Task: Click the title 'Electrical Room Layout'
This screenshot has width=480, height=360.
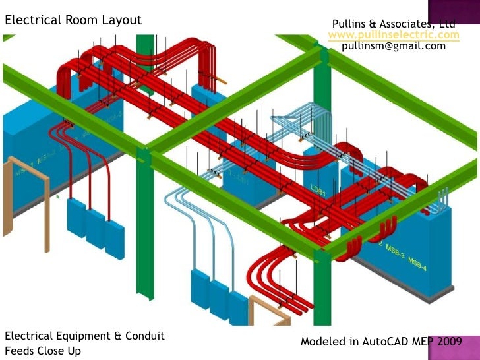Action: (x=73, y=20)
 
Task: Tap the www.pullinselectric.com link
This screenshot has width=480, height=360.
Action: (x=394, y=34)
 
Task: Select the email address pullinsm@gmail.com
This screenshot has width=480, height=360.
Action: (x=394, y=46)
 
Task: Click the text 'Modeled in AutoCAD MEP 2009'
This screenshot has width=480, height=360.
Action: (x=381, y=342)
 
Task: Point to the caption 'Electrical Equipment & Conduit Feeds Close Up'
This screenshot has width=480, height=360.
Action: (x=84, y=343)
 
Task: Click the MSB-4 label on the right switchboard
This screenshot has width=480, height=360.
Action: (x=417, y=262)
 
